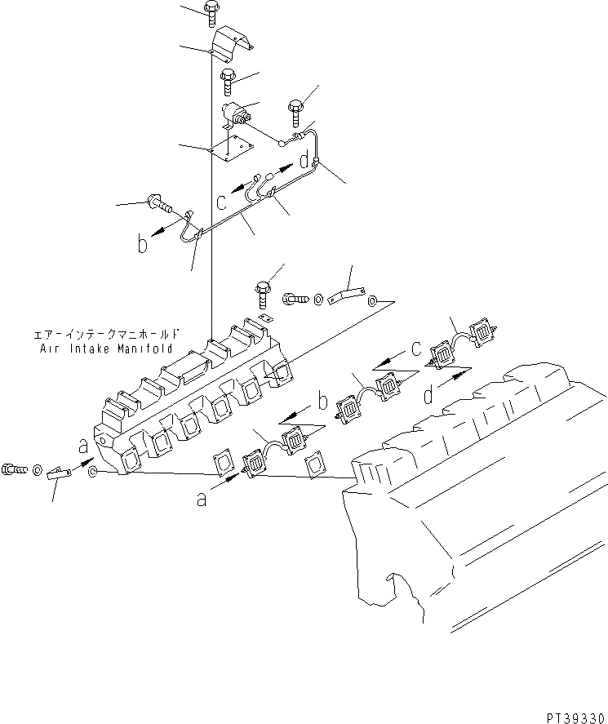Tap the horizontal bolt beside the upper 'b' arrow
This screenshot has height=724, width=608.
(157, 202)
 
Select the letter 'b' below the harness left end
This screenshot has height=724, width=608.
(144, 244)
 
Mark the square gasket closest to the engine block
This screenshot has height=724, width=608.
(315, 465)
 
